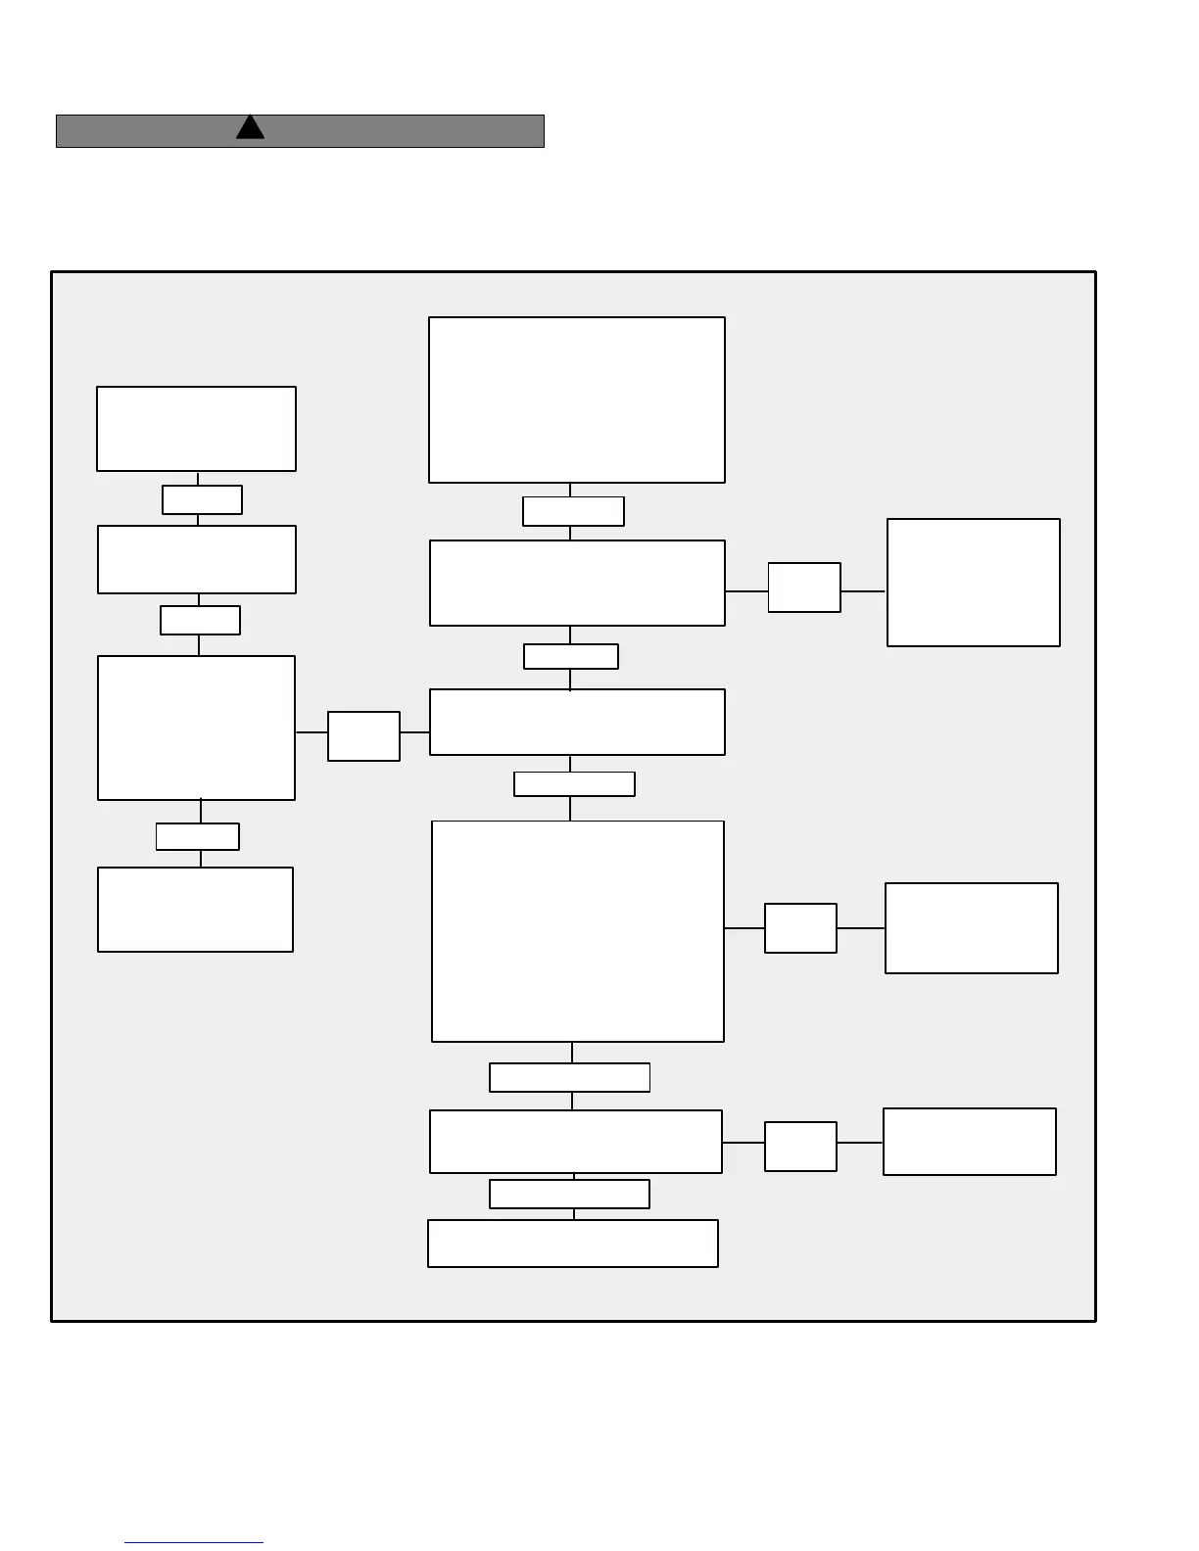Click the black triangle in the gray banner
pos(250,128)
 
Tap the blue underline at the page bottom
pos(194,1542)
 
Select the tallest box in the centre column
pos(578,931)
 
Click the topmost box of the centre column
pos(577,399)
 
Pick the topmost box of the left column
pos(196,429)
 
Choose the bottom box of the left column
pos(196,910)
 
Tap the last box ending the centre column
pos(573,1244)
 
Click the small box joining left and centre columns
pos(363,736)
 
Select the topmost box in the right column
pos(974,583)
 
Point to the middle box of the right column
pos(972,928)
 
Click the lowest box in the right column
pos(970,1142)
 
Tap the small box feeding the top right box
pos(804,587)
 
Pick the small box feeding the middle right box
pos(800,928)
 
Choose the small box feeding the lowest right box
pos(800,1147)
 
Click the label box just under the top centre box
pos(573,511)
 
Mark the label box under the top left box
pos(202,499)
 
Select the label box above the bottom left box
pos(198,836)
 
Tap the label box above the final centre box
pos(569,1194)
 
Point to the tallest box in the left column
pos(196,728)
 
